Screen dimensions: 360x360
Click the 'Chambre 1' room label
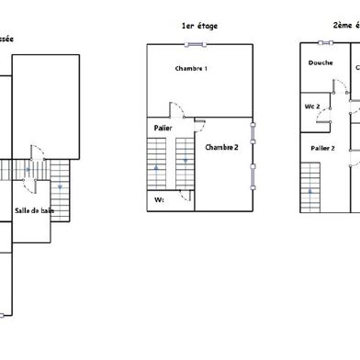click(191, 69)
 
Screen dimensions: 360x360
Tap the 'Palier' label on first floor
click(163, 128)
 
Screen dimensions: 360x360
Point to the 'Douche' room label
click(321, 63)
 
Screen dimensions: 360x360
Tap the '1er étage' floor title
click(200, 27)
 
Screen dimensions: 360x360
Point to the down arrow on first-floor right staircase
click(186, 162)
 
